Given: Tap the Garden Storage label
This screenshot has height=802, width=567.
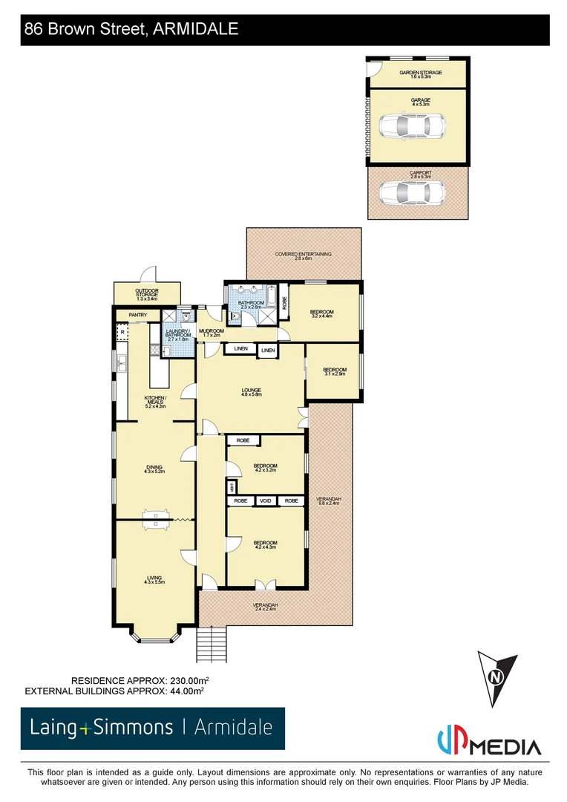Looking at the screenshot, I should (420, 74).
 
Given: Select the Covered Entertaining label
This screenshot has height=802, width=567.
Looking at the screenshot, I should (303, 255).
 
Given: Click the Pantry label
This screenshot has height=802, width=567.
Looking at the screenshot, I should (138, 315).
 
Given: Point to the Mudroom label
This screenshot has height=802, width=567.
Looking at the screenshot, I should (212, 332).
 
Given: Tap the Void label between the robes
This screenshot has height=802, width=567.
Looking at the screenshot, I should (266, 501).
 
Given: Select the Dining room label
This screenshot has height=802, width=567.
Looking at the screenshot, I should (154, 469).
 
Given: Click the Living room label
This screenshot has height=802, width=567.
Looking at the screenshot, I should (154, 579).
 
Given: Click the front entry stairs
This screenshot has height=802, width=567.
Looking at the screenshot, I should (211, 644).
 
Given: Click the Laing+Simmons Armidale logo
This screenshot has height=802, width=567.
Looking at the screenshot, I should (152, 728).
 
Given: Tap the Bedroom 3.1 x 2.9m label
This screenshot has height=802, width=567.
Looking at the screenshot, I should (334, 371).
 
